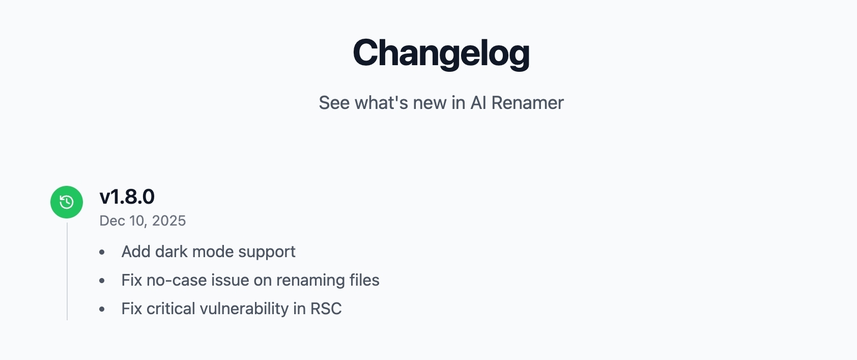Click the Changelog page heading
[x=441, y=53]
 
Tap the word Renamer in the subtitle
[x=527, y=103]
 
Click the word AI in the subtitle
[x=478, y=103]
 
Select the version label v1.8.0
[x=127, y=197]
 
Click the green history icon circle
[x=67, y=202]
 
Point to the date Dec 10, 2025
[x=142, y=220]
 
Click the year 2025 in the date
[x=169, y=220]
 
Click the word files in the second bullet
[x=364, y=280]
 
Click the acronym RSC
[x=326, y=309]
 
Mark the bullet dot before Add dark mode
[x=102, y=252]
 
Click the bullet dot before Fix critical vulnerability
[x=102, y=309]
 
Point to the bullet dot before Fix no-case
[x=102, y=281]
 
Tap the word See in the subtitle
[x=334, y=103]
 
